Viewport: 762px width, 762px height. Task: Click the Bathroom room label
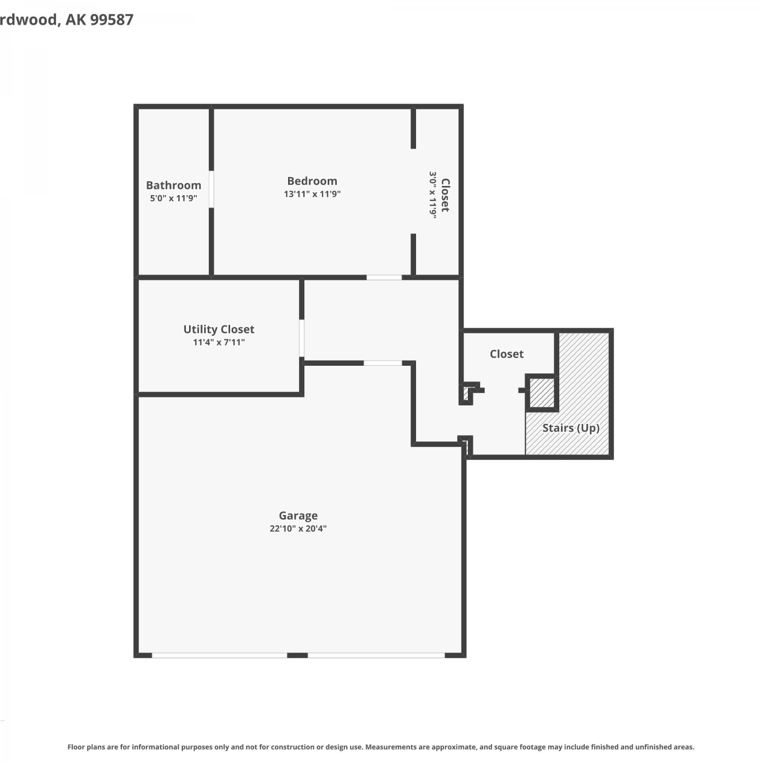(x=173, y=185)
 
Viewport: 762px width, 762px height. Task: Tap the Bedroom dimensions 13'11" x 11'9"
(x=312, y=194)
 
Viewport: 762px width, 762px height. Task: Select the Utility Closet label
(x=219, y=329)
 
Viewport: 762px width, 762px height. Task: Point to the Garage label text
(x=298, y=516)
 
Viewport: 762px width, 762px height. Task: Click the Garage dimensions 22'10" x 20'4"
(x=298, y=529)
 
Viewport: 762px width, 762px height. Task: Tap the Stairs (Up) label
(x=571, y=428)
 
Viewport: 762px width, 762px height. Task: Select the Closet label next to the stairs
(x=506, y=354)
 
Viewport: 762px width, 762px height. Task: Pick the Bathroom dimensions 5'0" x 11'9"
(x=173, y=199)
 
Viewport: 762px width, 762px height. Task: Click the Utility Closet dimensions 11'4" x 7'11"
(x=219, y=342)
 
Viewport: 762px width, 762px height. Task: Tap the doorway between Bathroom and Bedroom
(x=211, y=189)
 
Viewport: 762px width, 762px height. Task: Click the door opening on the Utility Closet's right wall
(x=302, y=338)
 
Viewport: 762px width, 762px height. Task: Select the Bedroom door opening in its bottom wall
(x=384, y=277)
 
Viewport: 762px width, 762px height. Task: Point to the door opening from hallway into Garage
(x=383, y=363)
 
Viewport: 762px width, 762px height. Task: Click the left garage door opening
(x=219, y=655)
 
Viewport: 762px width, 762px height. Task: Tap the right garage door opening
(x=376, y=655)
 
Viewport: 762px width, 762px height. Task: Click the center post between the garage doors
(x=298, y=655)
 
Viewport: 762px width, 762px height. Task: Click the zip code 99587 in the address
(x=112, y=20)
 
